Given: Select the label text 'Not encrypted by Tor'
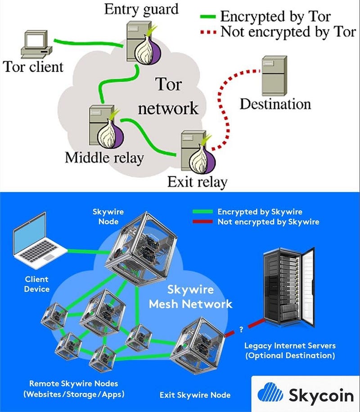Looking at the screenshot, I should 288,32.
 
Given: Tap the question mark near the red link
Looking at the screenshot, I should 241,330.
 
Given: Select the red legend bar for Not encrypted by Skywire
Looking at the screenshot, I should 203,222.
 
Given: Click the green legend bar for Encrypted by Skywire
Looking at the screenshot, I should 203,212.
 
